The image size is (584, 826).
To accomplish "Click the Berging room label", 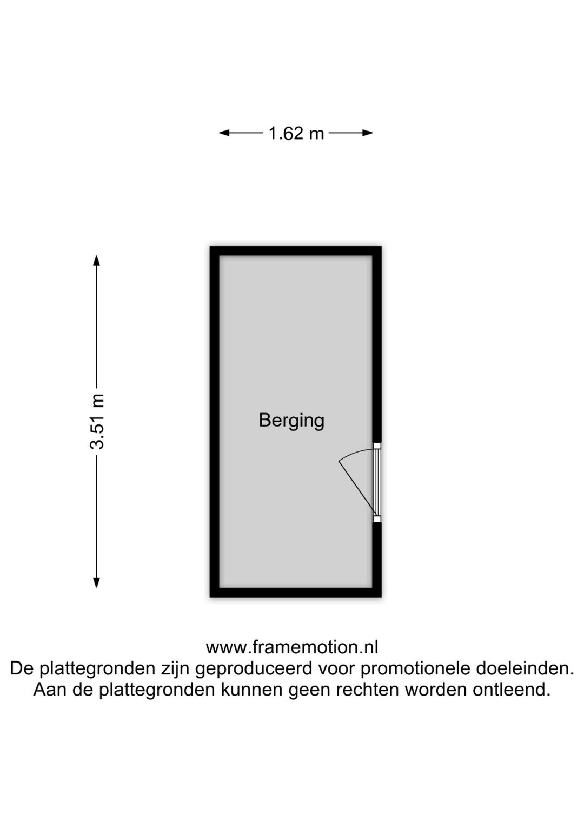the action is pyautogui.click(x=291, y=421).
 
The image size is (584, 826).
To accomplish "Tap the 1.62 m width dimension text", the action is pyautogui.click(x=296, y=133).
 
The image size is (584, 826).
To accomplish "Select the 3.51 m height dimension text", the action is pyautogui.click(x=97, y=422).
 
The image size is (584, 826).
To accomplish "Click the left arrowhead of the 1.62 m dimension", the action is pyautogui.click(x=224, y=133).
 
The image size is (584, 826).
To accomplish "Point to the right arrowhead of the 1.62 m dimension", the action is pyautogui.click(x=368, y=133).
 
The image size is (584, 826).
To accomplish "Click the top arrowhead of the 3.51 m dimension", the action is pyautogui.click(x=97, y=260).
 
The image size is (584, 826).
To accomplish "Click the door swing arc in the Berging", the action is pyautogui.click(x=354, y=453).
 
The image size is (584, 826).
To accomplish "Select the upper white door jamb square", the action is pyautogui.click(x=377, y=445).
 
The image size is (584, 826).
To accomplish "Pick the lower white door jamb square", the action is pyautogui.click(x=377, y=519).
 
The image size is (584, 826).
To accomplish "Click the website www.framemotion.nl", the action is pyautogui.click(x=292, y=647).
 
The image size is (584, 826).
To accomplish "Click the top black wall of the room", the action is pyautogui.click(x=295, y=251).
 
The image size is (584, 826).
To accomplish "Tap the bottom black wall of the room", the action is pyautogui.click(x=295, y=592).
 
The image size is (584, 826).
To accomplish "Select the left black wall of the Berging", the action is pyautogui.click(x=215, y=422).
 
